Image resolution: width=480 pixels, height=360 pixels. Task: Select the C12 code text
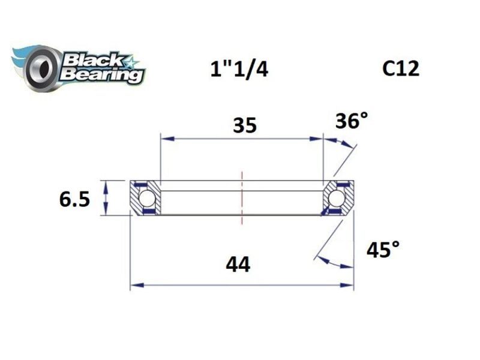coord(401,68)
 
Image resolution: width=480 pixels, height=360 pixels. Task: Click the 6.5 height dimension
coord(74,199)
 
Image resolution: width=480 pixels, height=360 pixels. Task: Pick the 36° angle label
coord(351,122)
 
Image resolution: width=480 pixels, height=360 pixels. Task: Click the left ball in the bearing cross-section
coord(146,198)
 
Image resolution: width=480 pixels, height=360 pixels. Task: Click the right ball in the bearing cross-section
coord(337,198)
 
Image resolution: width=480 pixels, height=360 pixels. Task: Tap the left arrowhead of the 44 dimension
coord(136,285)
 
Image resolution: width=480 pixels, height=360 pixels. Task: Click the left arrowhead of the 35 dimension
coord(166,139)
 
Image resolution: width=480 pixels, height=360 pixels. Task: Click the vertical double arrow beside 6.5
coord(106,197)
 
